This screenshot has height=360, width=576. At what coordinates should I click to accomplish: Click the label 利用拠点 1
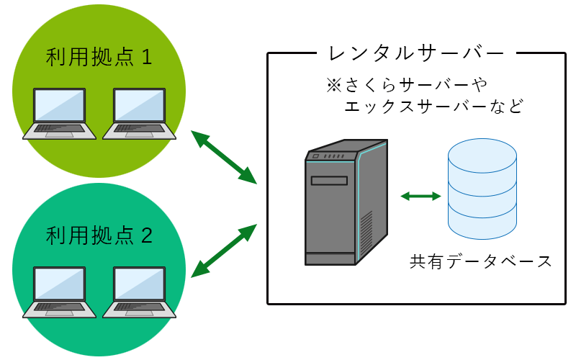click(99, 57)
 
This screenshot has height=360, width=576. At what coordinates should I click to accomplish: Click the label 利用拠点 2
click(99, 235)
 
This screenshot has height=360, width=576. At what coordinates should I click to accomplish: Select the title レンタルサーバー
click(416, 53)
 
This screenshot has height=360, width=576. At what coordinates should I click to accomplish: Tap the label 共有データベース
click(481, 261)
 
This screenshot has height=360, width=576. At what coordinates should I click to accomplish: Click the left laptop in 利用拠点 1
click(59, 114)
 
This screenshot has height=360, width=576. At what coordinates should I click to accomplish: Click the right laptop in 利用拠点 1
click(139, 114)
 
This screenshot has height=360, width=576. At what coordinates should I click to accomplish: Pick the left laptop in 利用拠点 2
click(59, 292)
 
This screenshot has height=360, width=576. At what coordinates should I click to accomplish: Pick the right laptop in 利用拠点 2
click(139, 292)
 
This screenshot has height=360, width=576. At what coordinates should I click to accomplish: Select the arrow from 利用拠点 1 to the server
click(224, 157)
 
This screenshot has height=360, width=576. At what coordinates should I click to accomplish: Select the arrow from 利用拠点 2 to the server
click(224, 250)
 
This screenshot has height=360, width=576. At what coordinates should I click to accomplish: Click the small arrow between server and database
click(420, 195)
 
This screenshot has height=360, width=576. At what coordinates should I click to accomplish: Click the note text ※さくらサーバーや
click(408, 86)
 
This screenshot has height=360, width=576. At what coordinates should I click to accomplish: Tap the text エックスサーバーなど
click(433, 107)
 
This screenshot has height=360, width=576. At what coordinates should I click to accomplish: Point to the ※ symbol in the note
click(334, 86)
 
